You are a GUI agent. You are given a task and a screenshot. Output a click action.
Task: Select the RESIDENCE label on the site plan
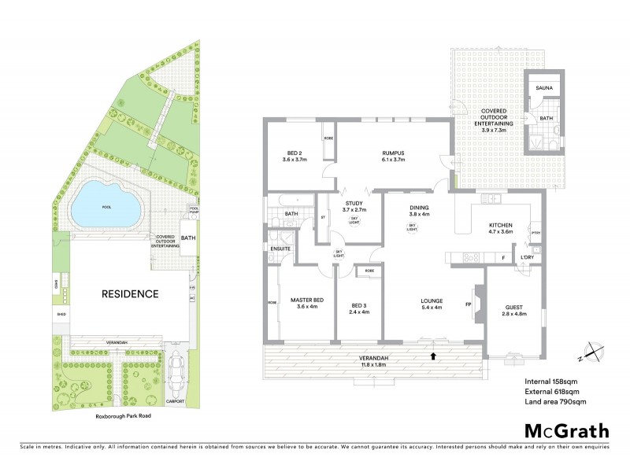point(129,294)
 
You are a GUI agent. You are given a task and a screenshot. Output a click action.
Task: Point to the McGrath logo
point(566,430)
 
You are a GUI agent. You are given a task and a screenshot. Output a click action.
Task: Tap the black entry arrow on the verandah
point(432,356)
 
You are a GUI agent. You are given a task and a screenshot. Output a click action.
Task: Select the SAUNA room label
point(544,88)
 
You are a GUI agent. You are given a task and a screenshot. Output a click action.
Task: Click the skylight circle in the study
point(354,221)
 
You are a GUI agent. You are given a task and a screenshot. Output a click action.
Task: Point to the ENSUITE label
point(281,249)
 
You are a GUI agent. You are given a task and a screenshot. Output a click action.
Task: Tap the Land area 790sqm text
point(555,402)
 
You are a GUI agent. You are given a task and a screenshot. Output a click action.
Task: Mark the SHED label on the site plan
point(61,314)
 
